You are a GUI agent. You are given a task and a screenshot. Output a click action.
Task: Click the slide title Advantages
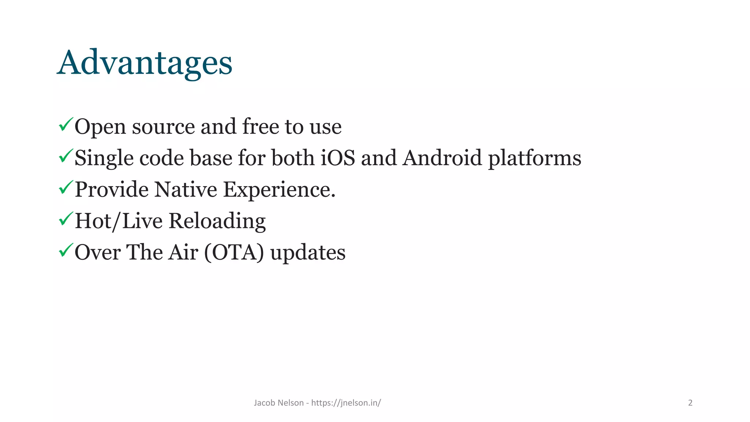145,63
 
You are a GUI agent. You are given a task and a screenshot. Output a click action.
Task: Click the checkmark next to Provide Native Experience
66,188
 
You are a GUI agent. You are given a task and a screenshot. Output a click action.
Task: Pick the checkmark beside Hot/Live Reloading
66,219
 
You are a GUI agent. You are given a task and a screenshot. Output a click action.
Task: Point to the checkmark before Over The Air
66,251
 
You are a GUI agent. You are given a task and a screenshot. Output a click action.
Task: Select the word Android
442,158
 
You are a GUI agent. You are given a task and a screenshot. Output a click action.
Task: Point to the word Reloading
217,221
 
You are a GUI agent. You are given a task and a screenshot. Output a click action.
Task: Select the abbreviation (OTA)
234,253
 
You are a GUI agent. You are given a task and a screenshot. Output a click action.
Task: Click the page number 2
690,403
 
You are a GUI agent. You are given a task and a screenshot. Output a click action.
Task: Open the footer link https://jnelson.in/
346,403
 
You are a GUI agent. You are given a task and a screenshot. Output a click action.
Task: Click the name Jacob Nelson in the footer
279,403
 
